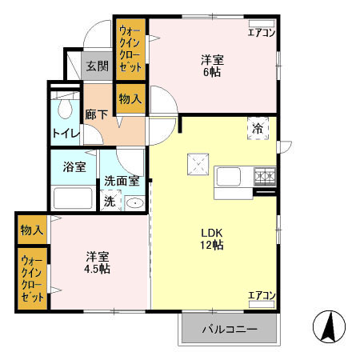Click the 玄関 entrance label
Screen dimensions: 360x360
pyautogui.click(x=97, y=66)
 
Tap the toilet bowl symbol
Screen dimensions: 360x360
pyautogui.click(x=64, y=108)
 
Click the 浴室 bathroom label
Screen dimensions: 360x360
pyautogui.click(x=74, y=168)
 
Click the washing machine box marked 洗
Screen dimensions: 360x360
pyautogui.click(x=109, y=201)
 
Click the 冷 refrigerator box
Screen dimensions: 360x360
pyautogui.click(x=258, y=129)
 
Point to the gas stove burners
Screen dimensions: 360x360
pyautogui.click(x=265, y=175)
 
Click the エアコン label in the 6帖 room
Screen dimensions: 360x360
pyautogui.click(x=261, y=33)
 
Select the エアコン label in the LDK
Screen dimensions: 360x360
pyautogui.click(x=261, y=295)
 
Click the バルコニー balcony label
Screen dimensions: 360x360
pyautogui.click(x=228, y=329)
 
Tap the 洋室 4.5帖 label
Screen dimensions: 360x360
pyautogui.click(x=98, y=262)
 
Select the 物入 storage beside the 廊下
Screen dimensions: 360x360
pyautogui.click(x=130, y=98)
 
